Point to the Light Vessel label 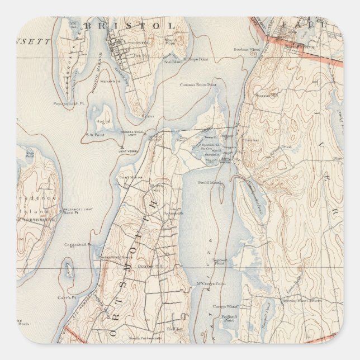(x=128, y=151)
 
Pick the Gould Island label (x=210, y=182)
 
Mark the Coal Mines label (x=127, y=177)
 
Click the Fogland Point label (x=227, y=319)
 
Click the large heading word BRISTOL (x=129, y=25)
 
